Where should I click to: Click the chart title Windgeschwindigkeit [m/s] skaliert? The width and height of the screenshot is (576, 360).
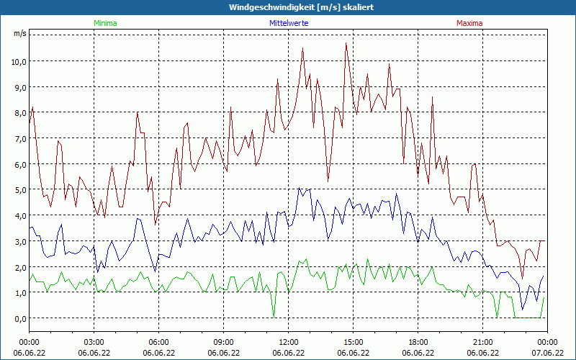pos(287,6)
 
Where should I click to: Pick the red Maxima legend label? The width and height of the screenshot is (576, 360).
pos(469,23)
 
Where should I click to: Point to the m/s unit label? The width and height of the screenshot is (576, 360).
pos(19,34)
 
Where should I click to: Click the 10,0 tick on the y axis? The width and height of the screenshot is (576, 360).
pos(18,61)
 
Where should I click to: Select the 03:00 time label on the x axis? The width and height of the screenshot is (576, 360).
pos(94,342)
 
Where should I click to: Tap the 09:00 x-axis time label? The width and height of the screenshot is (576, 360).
pos(224,342)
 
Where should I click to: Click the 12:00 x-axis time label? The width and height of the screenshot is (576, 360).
pos(289,342)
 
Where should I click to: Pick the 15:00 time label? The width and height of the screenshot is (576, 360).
pos(354,342)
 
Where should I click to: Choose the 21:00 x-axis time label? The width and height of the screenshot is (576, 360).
pos(483,342)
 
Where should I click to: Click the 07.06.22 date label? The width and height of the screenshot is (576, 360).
pos(547,353)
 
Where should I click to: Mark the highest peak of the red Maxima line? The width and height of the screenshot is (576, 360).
pos(346,43)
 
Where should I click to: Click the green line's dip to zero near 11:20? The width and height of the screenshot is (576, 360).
pos(274,317)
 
